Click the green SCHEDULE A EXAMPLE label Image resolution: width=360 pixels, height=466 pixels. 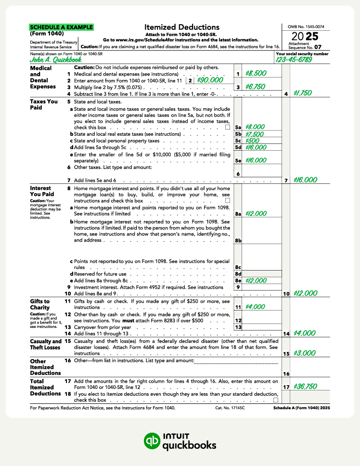tap(61, 27)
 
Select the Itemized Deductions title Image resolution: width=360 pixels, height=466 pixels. tap(181, 27)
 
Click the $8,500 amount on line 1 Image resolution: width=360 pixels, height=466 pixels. tap(256, 74)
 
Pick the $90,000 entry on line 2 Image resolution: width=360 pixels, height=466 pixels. tap(210, 80)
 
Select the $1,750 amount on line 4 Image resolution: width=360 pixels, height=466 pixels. tap(303, 93)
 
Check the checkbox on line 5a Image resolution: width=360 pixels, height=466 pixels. tap(228, 127)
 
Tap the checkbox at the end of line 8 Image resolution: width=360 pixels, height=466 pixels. tap(228, 200)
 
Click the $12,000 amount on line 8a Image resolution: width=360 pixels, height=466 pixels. tap(256, 213)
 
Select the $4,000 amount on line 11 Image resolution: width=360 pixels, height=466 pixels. tap(254, 306)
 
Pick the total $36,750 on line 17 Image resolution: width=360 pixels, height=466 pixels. tap(306, 386)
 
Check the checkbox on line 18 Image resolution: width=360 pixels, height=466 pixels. tap(276, 400)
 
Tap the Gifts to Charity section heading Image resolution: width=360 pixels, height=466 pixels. tap(40, 304)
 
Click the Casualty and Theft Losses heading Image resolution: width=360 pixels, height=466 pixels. tap(45, 344)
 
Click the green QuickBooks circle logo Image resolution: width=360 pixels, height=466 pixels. tap(153, 441)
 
